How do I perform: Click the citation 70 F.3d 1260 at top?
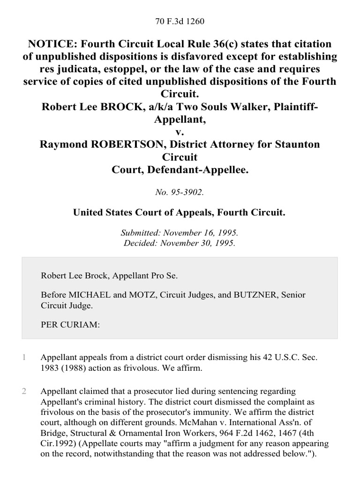point(180,22)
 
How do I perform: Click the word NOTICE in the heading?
point(52,44)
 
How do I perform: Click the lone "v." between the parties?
point(180,132)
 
